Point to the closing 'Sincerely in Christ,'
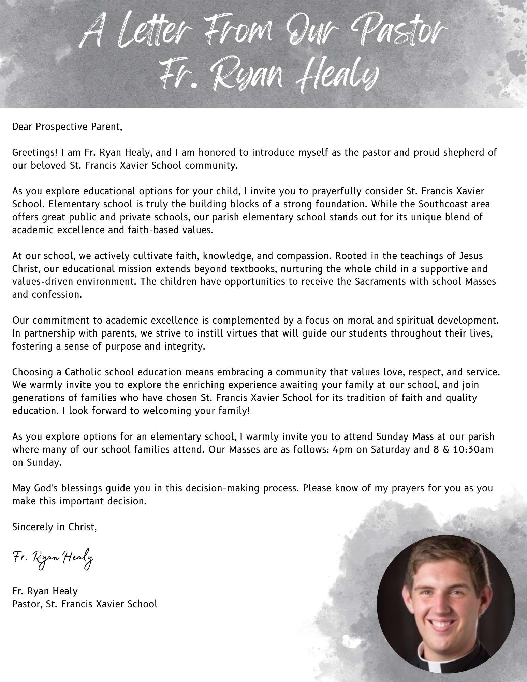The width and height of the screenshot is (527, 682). tap(55, 527)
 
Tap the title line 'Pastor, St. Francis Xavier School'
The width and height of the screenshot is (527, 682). tap(85, 604)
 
